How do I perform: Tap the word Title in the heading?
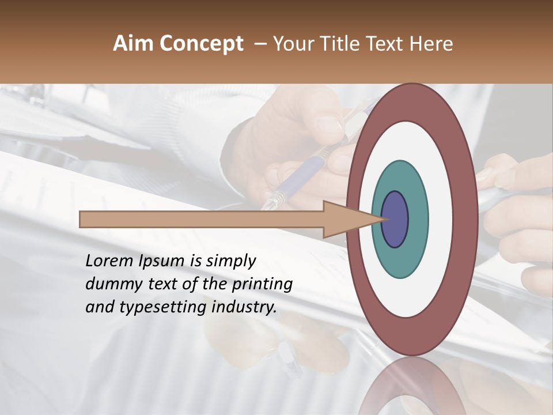(346, 44)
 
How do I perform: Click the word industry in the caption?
(244, 307)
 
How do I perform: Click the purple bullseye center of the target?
(395, 220)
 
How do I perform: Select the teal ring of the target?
(418, 220)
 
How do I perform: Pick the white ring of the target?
(441, 220)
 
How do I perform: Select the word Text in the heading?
(388, 44)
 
